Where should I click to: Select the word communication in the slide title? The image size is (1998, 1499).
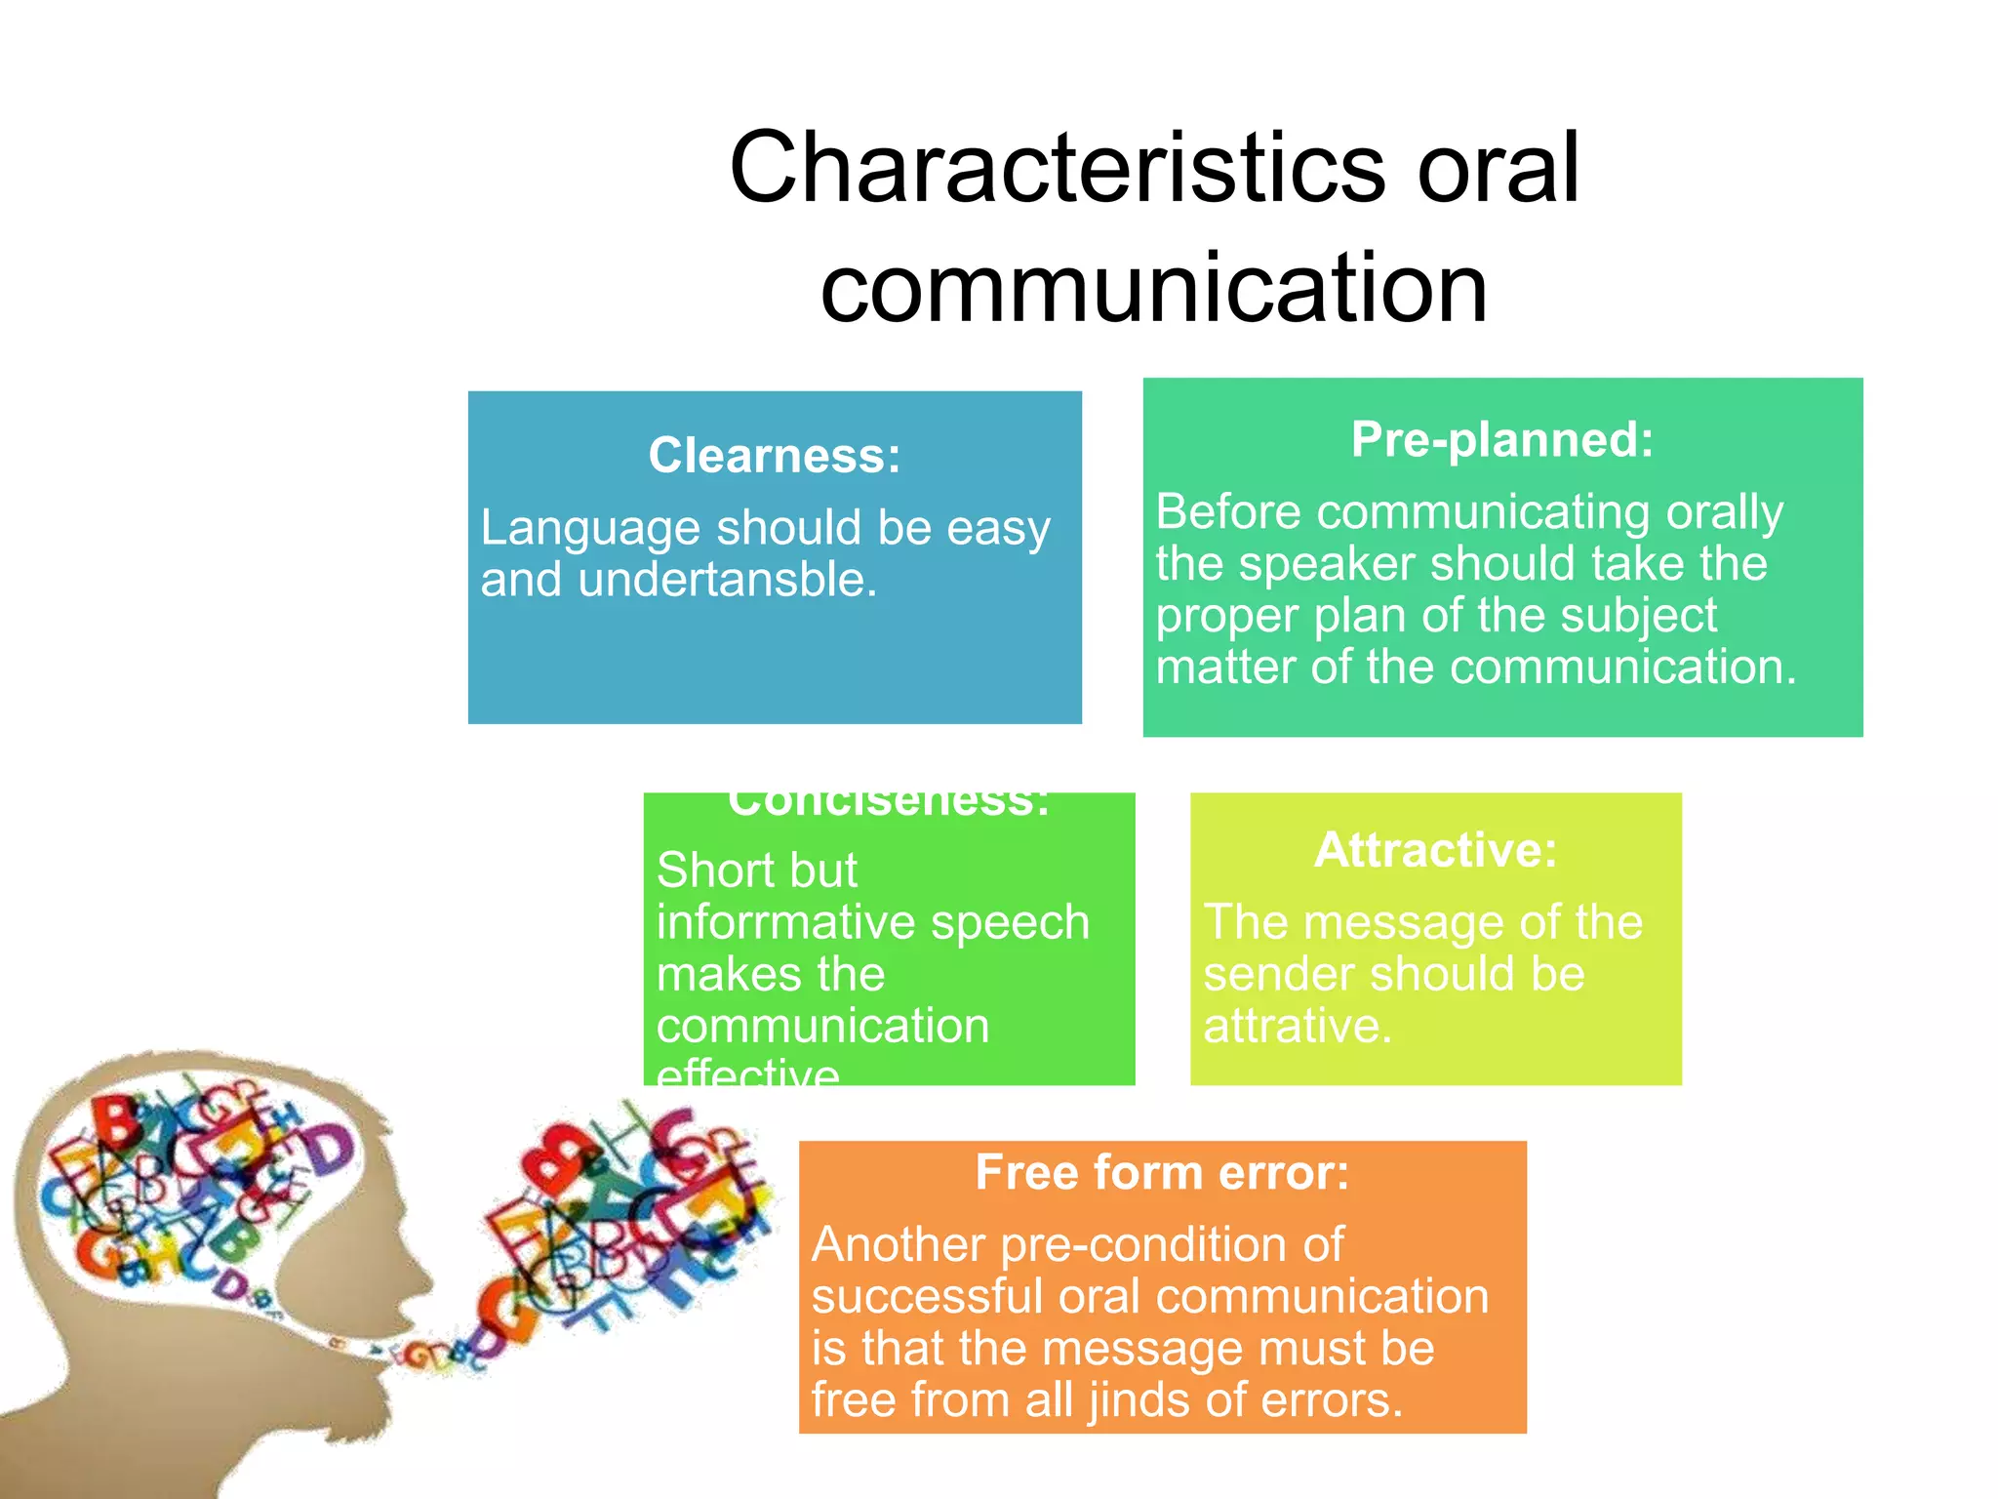coord(1154,288)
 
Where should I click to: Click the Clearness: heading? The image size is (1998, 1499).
coord(775,456)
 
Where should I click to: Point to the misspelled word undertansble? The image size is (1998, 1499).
coord(727,580)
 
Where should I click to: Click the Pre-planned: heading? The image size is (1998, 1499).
coord(1502,439)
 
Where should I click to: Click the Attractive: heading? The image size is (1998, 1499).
coord(1435,850)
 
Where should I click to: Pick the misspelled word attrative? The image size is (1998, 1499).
coord(1297,1026)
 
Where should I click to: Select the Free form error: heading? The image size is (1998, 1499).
coord(1162,1172)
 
